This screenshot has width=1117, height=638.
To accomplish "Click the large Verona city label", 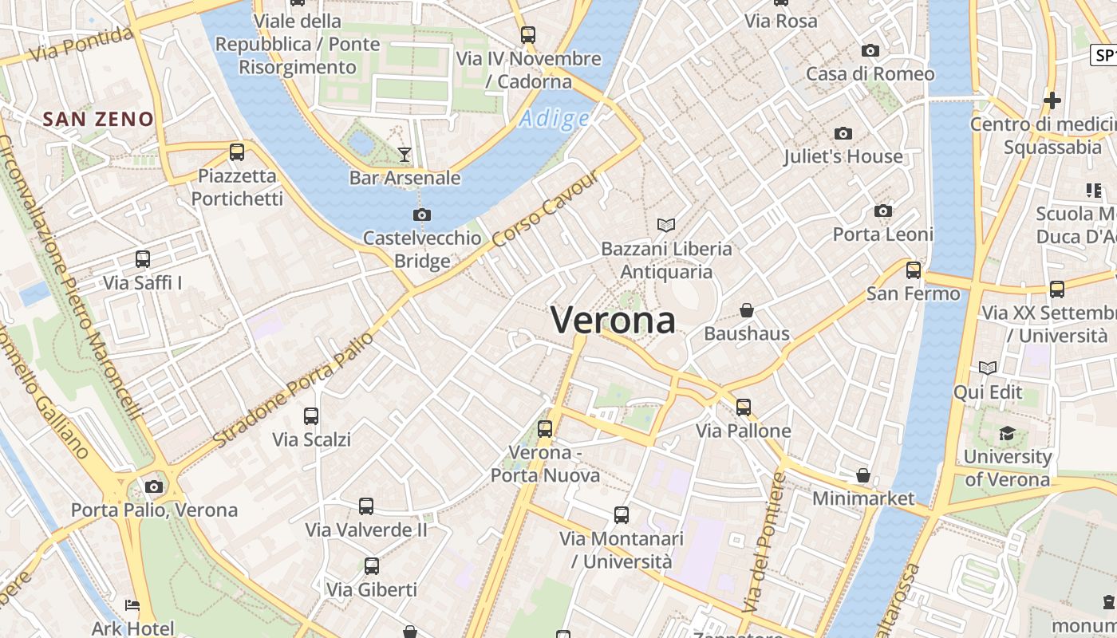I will click(613, 321).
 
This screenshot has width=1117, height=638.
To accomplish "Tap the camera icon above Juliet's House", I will click(843, 133).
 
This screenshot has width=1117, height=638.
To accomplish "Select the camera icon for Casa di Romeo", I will click(870, 50).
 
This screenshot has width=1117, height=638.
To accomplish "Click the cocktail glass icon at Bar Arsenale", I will click(405, 154).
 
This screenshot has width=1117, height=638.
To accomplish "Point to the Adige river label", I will click(555, 120).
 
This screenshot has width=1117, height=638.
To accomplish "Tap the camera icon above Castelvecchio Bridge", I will click(422, 215).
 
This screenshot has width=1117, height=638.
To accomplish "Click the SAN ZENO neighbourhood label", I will click(98, 120).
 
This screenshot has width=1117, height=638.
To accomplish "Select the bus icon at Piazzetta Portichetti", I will click(237, 152).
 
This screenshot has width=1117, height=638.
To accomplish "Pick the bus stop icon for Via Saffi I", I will click(143, 259).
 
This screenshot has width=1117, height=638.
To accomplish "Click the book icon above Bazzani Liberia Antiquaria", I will click(666, 226).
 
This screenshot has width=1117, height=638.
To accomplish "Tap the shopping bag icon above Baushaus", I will click(747, 309).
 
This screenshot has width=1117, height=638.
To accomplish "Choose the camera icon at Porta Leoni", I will click(882, 211).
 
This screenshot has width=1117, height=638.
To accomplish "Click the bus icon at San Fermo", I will click(914, 270).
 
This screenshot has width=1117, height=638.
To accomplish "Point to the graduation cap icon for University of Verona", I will click(1007, 433).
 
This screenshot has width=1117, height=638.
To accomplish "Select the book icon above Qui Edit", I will click(988, 368).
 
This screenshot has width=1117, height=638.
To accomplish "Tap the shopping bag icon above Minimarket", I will click(862, 475).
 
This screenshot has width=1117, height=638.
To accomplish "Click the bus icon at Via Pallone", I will click(744, 407).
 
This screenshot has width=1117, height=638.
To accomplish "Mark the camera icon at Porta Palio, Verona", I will click(154, 486).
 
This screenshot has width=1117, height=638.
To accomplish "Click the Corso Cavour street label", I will click(545, 209).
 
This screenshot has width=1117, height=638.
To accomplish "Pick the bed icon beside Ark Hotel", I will click(132, 605).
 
